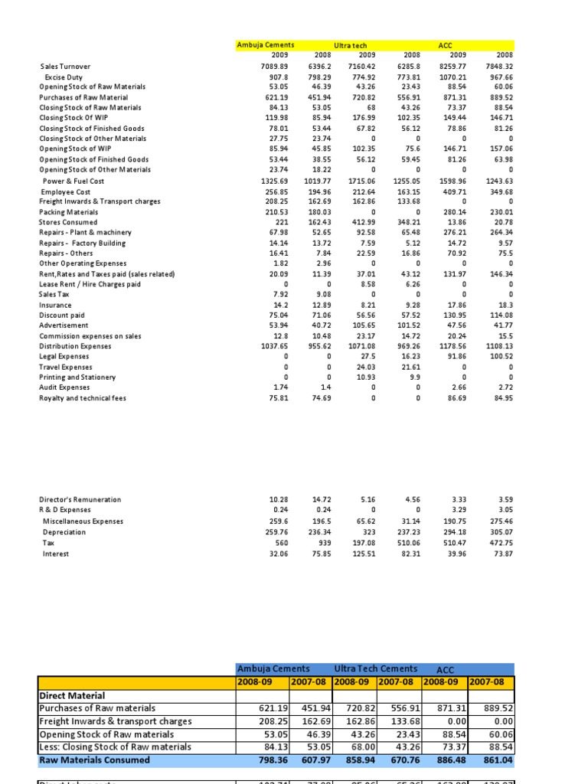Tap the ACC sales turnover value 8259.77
point(453,67)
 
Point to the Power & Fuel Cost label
point(73,181)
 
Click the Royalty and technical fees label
point(83,398)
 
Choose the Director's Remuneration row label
point(80,499)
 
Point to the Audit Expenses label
point(64,387)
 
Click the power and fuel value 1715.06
point(363,181)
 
